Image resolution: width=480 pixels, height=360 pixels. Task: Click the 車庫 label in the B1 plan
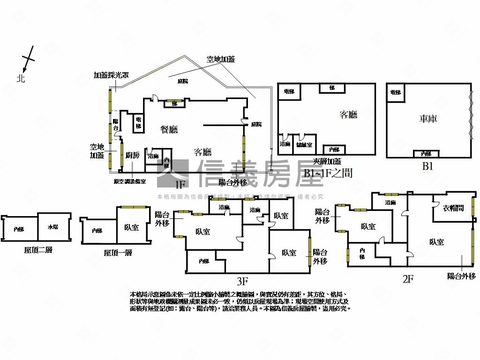(428, 119)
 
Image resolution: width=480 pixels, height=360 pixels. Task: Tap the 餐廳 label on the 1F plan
(169, 130)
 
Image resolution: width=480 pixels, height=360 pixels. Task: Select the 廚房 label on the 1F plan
(133, 156)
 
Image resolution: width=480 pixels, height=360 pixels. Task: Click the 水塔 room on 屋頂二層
(53, 228)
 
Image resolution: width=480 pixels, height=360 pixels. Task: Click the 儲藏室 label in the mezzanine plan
(305, 144)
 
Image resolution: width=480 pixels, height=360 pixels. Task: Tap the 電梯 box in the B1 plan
(395, 92)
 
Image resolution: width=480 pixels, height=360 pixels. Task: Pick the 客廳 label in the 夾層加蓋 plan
(348, 114)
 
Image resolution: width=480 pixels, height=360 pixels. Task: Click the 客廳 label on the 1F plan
(202, 152)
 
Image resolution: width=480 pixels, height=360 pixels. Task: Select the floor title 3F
(242, 281)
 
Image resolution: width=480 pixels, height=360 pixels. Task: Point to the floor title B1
(427, 166)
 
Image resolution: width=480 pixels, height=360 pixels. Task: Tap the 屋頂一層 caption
(118, 253)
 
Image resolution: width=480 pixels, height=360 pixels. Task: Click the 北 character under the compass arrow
(20, 78)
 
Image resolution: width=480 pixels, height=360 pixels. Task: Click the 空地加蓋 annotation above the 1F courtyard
(221, 60)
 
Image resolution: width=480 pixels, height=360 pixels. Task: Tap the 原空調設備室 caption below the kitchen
(129, 181)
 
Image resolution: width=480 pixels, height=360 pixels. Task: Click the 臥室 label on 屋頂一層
(131, 228)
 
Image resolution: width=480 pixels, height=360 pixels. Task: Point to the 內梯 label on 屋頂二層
(19, 229)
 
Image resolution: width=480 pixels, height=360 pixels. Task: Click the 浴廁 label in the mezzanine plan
(285, 144)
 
